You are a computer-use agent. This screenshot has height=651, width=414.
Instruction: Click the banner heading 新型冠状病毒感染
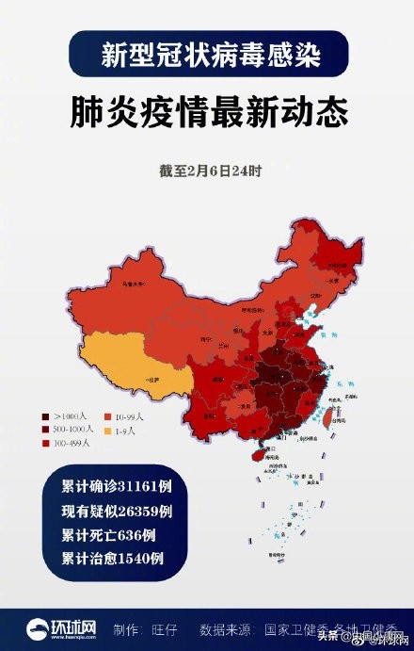[209, 54]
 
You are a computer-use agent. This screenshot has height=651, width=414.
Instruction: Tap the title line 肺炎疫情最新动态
[209, 110]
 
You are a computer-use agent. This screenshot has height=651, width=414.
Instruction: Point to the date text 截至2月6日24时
[209, 171]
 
